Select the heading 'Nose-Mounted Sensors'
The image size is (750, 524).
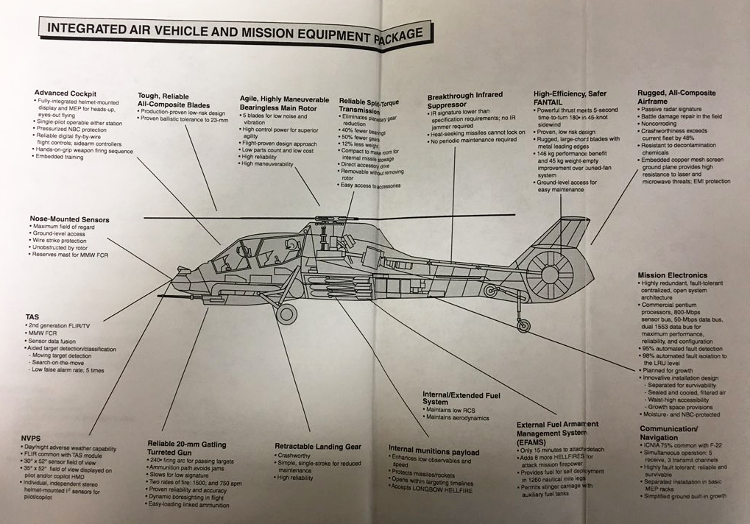tap(69, 219)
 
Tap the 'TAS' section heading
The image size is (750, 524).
tap(32, 316)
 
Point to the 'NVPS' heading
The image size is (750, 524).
tap(31, 439)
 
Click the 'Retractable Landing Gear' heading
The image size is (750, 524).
tap(317, 446)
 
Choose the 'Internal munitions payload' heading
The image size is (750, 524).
tap(434, 451)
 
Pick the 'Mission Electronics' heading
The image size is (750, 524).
tap(672, 275)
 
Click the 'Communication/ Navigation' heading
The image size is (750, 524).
tap(669, 433)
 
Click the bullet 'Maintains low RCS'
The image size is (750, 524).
tap(452, 409)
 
